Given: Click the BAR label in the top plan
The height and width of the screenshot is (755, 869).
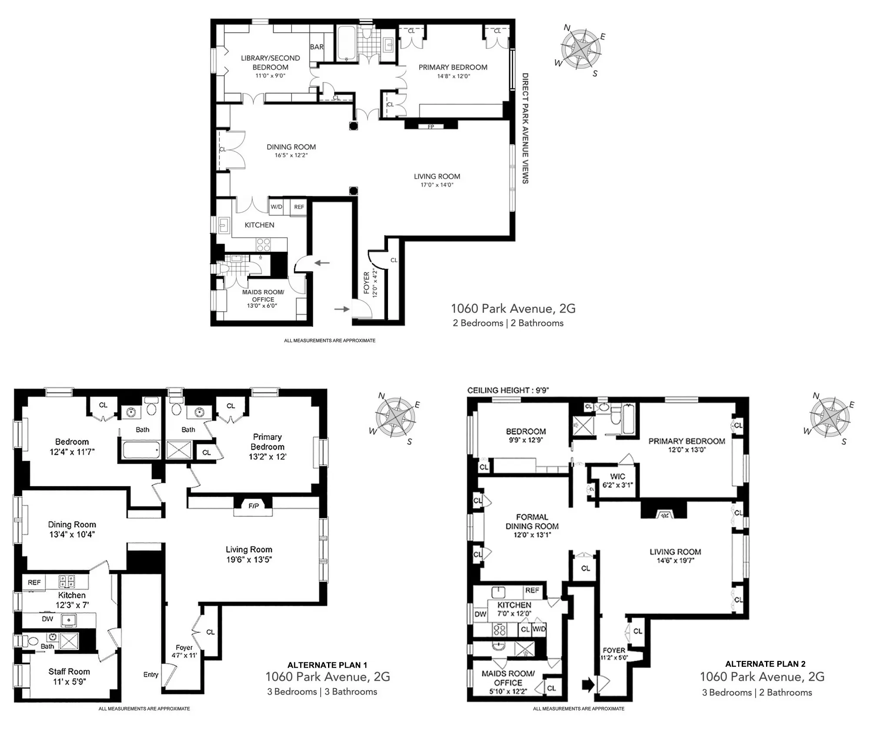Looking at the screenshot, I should [316, 47].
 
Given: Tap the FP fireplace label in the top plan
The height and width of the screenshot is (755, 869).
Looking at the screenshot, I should [431, 127].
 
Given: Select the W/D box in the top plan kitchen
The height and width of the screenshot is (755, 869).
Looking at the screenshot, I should [276, 207].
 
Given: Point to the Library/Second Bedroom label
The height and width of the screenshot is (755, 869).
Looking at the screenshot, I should [270, 63].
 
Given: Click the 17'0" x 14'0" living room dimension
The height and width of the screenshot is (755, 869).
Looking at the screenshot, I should [437, 185].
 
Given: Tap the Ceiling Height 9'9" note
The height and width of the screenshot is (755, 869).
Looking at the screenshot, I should [508, 390].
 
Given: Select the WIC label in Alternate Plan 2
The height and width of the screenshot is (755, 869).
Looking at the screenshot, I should [617, 476].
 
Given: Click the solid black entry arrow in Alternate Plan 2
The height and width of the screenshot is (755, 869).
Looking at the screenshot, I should [587, 685].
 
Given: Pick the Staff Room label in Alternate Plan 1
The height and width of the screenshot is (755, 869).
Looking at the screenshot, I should [69, 672].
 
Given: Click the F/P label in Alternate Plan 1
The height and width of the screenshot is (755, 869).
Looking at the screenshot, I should [254, 506].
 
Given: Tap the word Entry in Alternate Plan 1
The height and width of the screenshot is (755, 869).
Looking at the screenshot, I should [151, 675].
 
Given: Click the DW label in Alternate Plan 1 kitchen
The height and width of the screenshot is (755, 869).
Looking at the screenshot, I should [47, 619].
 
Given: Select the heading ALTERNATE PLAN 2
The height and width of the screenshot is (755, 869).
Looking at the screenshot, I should [765, 664].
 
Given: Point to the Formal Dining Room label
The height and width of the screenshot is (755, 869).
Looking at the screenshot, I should [532, 522].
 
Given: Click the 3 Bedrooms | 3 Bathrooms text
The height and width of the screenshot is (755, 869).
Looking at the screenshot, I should [322, 692].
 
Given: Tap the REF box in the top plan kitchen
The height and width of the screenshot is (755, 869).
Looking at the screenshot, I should [299, 207].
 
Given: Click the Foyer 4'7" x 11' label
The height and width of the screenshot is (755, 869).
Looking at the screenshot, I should [184, 651].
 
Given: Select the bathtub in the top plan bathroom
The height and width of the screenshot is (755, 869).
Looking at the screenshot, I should [346, 43].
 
